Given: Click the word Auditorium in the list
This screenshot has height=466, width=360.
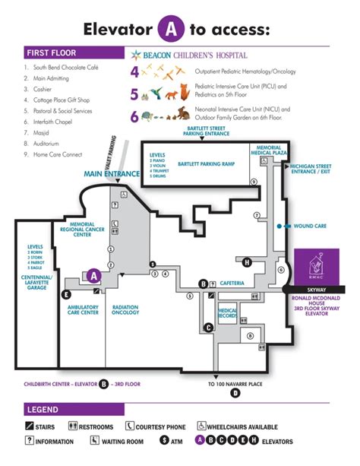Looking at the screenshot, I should tap(49, 143).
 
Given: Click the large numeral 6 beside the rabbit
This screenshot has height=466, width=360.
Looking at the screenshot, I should tap(134, 117).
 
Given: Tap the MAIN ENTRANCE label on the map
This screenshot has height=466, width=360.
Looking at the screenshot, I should tap(112, 174).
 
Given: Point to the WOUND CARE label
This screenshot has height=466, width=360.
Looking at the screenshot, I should tap(310, 226).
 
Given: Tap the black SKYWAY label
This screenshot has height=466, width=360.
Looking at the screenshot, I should tap(314, 290).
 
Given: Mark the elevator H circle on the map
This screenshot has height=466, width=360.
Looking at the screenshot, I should tap(247, 263).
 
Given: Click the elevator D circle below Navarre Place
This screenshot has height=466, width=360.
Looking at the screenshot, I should tap(235, 393).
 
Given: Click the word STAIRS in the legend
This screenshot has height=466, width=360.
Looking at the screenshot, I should tap(45, 426).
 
